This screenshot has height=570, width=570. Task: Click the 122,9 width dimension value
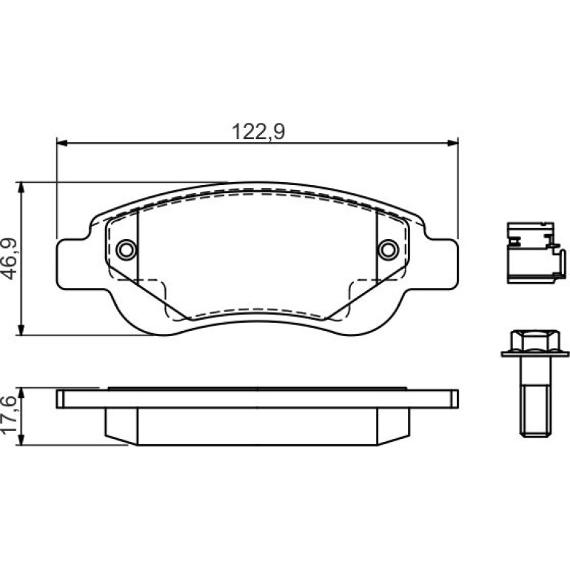coord(258,132)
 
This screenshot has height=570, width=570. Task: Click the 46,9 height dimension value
coord(9,258)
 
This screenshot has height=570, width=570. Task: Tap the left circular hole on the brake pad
coord(126,249)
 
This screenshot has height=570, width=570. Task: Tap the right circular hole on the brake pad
coord(388,249)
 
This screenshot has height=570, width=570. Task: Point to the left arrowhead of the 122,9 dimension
coord(62,143)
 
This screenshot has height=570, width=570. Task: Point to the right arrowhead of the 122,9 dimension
coord(452,143)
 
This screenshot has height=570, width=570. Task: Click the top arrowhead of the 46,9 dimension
coord(21,187)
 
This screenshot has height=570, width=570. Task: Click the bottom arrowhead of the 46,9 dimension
coord(21,329)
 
